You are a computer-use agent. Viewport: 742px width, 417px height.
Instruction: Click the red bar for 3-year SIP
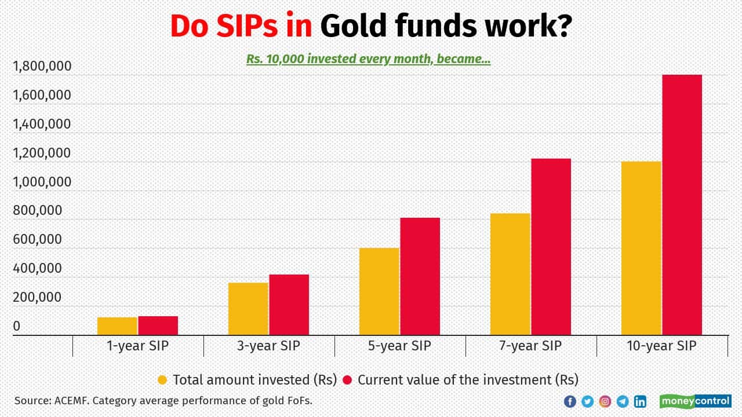(x=289, y=305)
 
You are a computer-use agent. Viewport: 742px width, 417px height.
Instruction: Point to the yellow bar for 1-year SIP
(x=117, y=326)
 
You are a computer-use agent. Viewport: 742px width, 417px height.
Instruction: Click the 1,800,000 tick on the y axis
(x=42, y=67)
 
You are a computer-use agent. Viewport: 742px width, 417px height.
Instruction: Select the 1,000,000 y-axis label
(x=42, y=182)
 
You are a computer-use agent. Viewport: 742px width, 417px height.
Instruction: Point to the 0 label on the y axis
(x=17, y=326)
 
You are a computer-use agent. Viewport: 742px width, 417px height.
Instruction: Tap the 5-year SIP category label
(x=400, y=346)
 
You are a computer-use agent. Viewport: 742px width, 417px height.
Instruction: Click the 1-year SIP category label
(x=138, y=346)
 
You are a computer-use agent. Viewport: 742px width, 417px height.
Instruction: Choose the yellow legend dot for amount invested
(x=163, y=380)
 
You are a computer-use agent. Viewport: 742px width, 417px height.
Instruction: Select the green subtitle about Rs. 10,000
(x=368, y=59)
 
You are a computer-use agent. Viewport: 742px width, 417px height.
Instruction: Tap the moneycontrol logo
(x=695, y=401)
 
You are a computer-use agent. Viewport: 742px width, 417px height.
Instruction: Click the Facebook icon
(x=570, y=401)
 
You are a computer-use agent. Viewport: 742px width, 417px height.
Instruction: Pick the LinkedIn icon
(x=640, y=401)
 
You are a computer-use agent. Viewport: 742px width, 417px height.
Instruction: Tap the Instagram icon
(x=605, y=401)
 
